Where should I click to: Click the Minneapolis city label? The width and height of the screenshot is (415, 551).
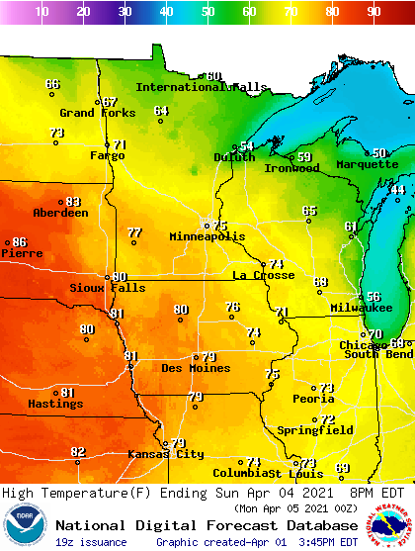207,237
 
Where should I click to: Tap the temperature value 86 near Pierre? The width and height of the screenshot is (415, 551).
19,242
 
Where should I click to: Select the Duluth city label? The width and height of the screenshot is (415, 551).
234,157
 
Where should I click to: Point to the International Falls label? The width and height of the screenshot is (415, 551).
201,87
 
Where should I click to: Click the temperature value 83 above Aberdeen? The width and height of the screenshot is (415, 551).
73,202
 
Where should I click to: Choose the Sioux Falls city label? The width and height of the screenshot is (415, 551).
107,288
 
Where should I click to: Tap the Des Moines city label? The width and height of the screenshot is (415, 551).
197,368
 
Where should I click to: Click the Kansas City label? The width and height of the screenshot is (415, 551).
165,454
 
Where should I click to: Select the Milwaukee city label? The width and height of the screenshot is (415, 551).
362,309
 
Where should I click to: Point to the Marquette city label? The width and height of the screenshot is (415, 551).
367,164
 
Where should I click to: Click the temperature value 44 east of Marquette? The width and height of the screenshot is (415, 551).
397,190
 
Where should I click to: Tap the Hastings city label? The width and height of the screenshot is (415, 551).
54,404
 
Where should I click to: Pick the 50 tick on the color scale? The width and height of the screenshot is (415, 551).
207,12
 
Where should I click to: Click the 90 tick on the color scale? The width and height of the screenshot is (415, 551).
373,12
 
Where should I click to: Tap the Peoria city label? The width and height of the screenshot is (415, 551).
312,399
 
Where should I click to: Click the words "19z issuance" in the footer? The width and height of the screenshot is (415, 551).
91,542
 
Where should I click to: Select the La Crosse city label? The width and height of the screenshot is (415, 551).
263,275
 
